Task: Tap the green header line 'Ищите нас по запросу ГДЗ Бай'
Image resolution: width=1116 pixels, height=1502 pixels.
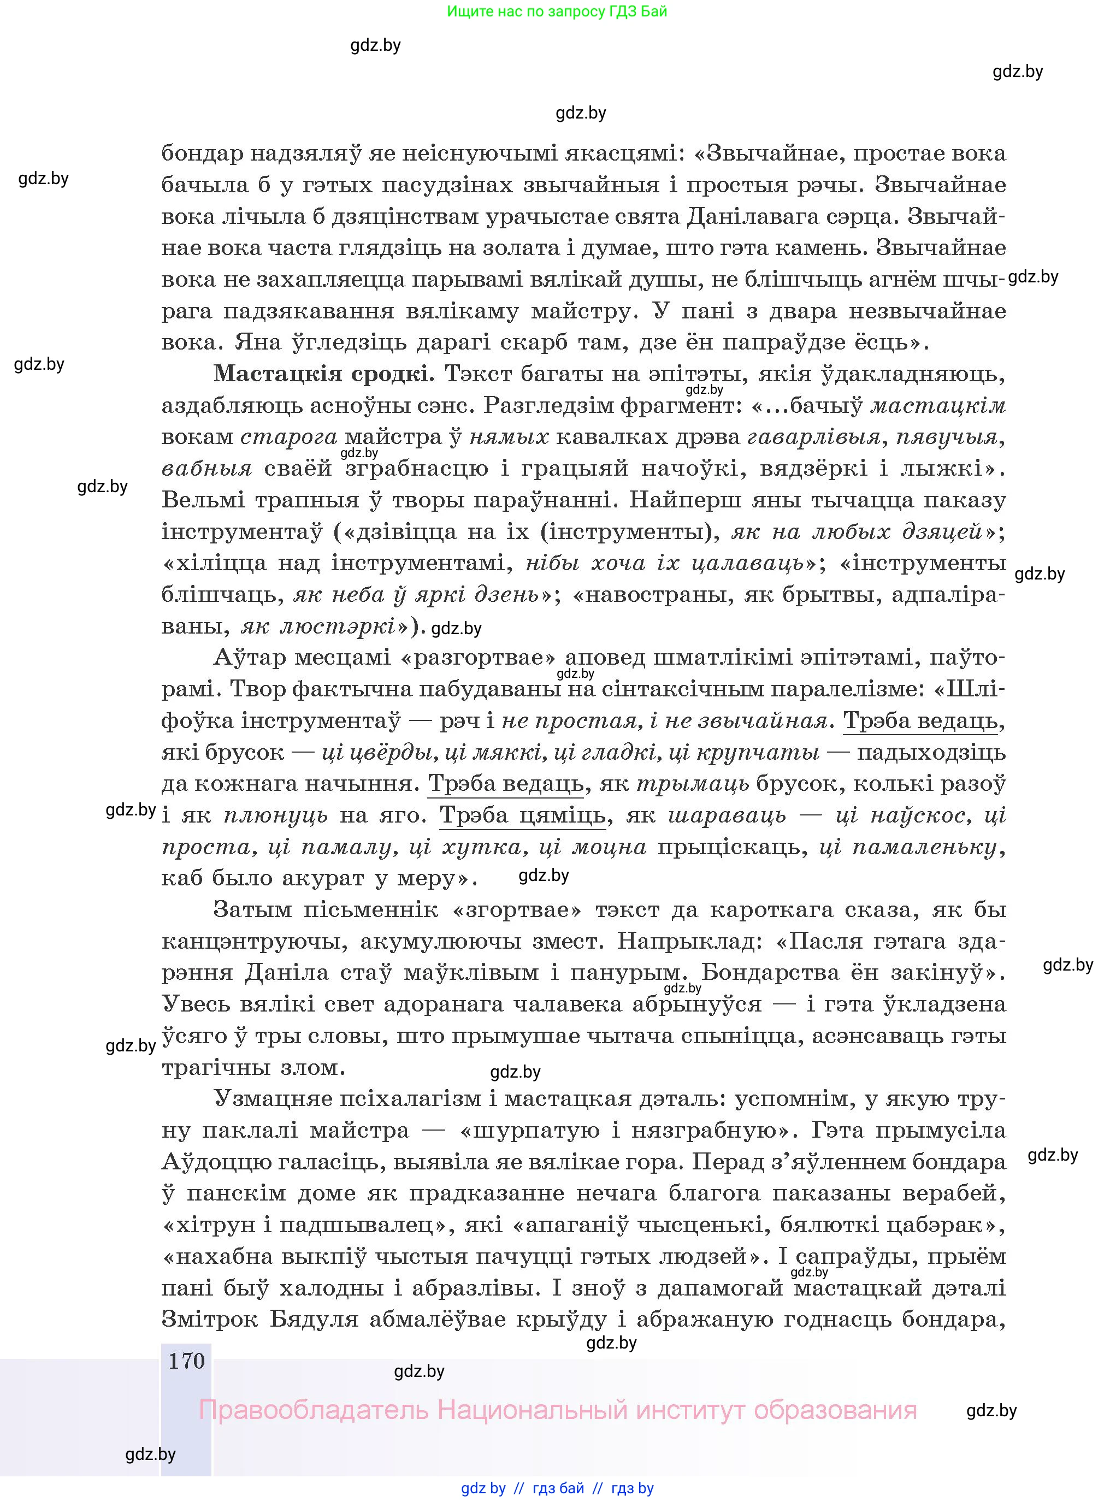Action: [x=557, y=11]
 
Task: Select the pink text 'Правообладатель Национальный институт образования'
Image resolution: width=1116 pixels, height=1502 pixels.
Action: [x=557, y=1410]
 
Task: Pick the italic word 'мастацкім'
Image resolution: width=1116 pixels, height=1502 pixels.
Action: [x=938, y=405]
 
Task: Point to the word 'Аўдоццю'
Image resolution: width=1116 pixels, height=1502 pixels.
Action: [x=222, y=1162]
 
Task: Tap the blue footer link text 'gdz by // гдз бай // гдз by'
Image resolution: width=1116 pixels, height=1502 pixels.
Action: [x=557, y=1488]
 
